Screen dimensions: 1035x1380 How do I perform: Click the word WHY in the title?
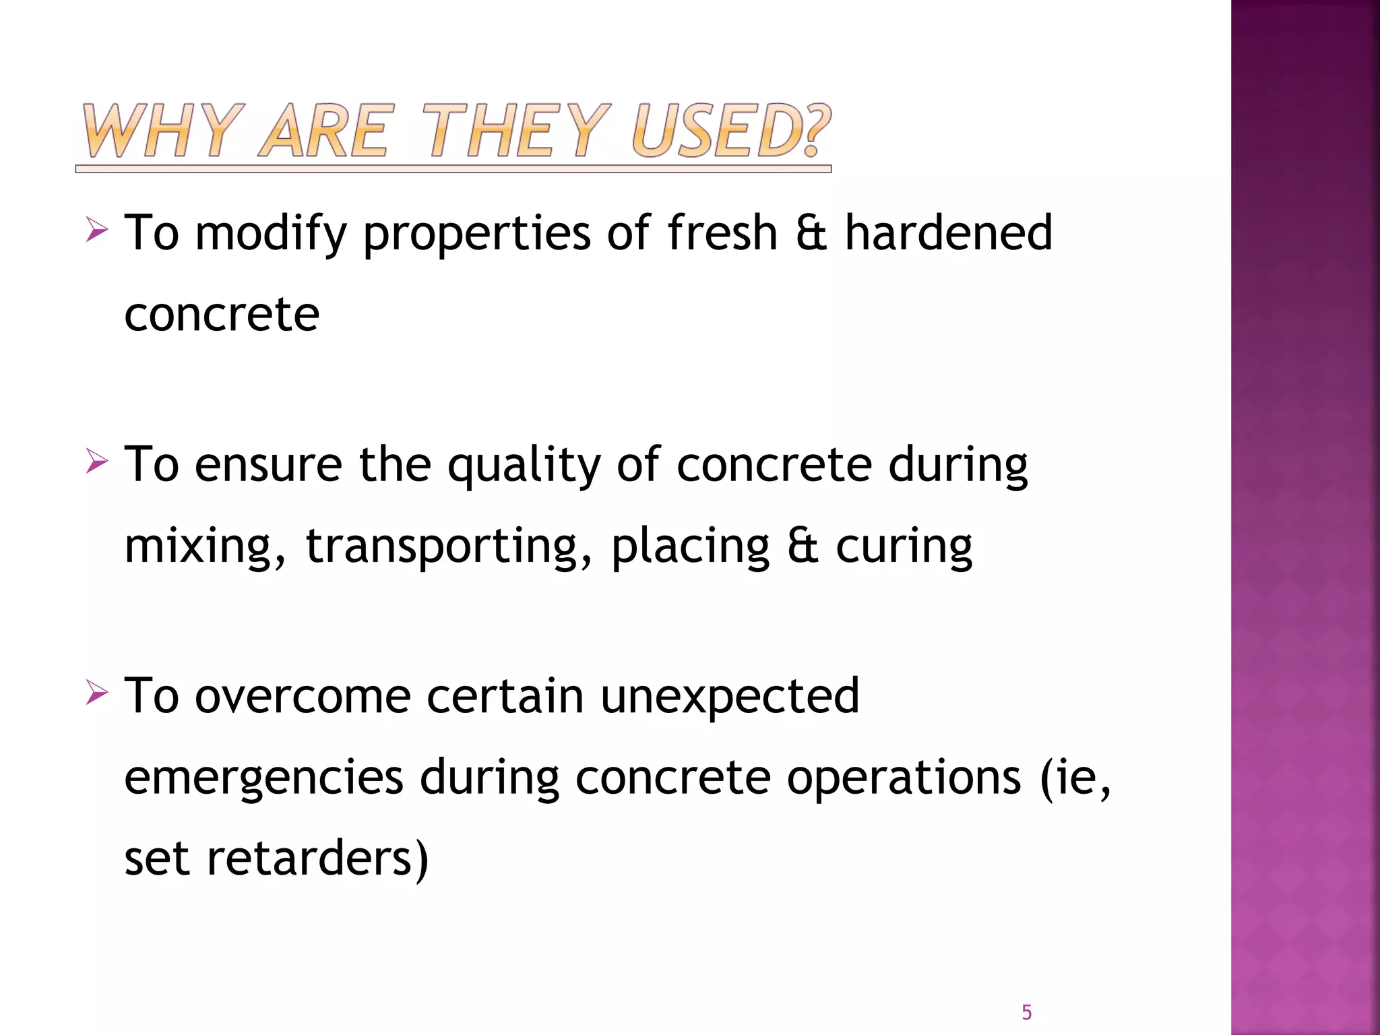(162, 131)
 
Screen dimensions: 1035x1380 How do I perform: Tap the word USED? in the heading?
(731, 131)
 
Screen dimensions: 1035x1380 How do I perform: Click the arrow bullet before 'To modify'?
(97, 231)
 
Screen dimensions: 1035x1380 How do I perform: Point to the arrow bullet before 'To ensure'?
(97, 463)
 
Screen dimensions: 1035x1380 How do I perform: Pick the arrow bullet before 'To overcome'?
(97, 693)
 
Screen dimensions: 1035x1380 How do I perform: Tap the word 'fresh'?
(722, 232)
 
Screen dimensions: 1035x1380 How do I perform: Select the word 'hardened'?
(948, 232)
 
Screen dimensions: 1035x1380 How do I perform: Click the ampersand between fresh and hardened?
(811, 233)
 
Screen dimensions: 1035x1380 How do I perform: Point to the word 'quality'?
(524, 466)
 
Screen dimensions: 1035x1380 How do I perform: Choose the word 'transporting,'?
(449, 546)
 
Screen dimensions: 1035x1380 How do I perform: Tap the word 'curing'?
(904, 546)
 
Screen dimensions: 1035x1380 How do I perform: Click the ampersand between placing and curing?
(803, 546)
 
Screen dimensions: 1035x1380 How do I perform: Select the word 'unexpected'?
(730, 697)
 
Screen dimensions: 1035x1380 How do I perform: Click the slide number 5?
(1026, 1012)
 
